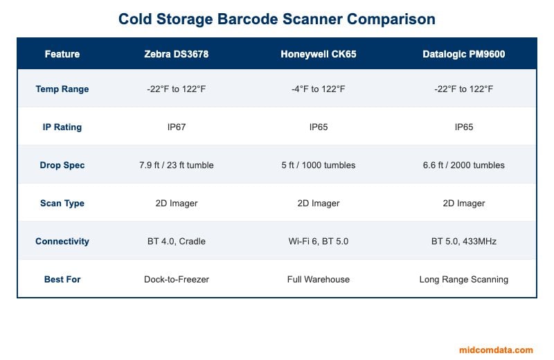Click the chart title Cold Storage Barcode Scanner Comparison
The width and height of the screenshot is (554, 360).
click(x=277, y=19)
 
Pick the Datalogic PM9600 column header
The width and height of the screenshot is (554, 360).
click(x=464, y=54)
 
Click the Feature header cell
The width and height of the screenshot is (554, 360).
click(x=62, y=54)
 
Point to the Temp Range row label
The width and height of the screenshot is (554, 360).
click(x=62, y=89)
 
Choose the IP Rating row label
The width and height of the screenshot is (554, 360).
click(x=62, y=127)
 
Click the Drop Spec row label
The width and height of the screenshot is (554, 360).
click(x=62, y=165)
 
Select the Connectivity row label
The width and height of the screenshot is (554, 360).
click(x=62, y=242)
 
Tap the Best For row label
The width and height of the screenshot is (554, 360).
click(x=62, y=280)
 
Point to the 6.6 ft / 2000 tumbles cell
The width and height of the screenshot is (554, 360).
click(x=464, y=165)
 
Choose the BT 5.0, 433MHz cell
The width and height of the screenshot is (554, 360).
click(x=464, y=242)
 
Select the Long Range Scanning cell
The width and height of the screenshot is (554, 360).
click(x=464, y=280)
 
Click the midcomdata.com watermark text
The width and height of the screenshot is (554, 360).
click(x=496, y=350)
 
